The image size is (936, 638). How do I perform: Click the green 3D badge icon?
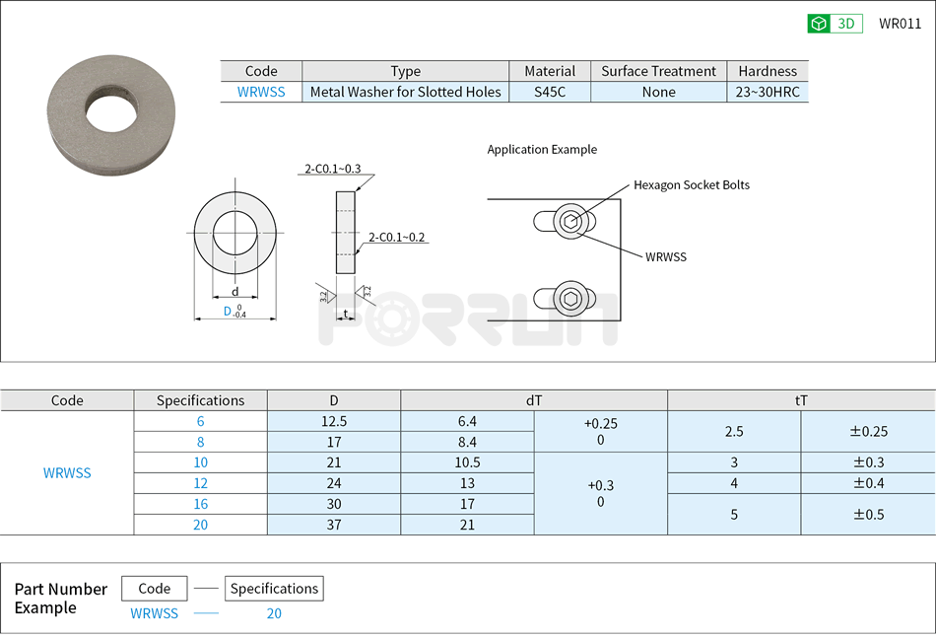pos(819,24)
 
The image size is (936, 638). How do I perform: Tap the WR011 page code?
pos(900,24)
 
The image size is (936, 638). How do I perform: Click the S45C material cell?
pos(550,92)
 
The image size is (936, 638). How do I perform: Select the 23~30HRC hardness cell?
pos(767,92)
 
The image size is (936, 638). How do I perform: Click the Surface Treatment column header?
pos(658,71)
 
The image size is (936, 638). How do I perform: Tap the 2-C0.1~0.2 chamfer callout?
pos(396,237)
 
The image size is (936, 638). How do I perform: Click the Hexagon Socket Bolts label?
pos(691,184)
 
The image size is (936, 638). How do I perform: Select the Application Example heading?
pos(542,150)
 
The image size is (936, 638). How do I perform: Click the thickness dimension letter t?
pos(345,314)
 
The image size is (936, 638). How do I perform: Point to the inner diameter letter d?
pos(234,292)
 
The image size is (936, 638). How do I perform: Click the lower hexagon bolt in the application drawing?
pos(570,299)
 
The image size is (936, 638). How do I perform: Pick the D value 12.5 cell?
pos(334,421)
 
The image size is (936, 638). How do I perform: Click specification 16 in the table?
pos(200,504)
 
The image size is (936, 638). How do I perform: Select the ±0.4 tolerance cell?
pos(868,483)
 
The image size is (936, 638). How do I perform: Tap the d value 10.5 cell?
pos(467,462)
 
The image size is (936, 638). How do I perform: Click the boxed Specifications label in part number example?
pos(274,589)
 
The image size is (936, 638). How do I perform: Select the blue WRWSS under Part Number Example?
pos(155,613)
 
